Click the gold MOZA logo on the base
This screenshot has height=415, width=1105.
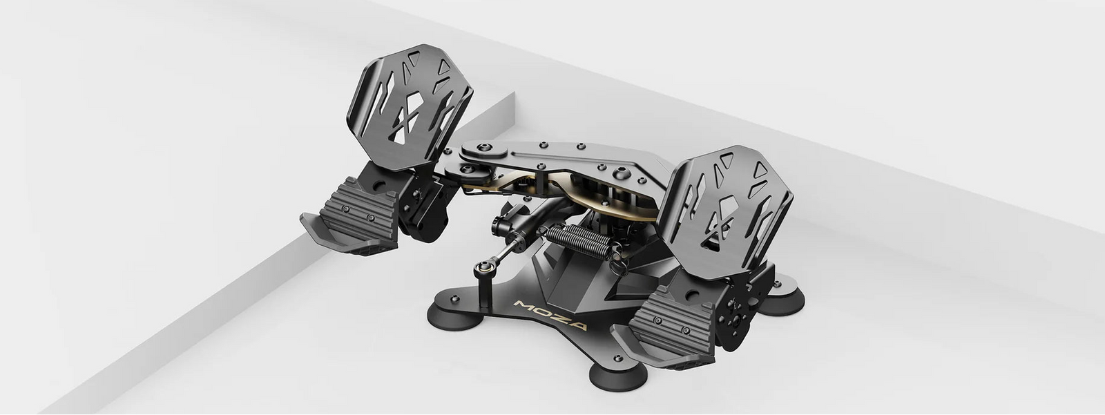pos(550,316)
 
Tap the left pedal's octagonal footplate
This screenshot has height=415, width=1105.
pos(410,106)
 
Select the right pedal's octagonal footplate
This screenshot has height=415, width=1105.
pos(725,205)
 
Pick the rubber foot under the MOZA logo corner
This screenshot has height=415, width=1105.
pos(455,316)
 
